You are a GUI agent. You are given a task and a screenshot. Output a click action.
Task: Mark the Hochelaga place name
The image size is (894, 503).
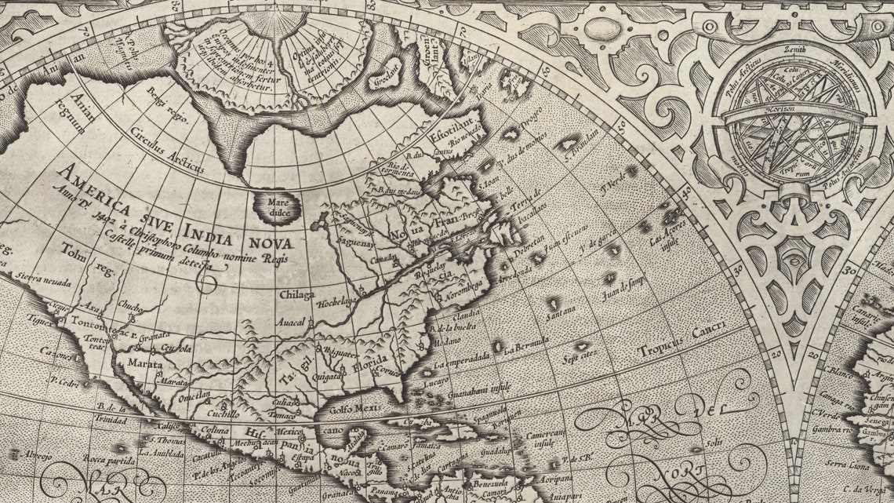[x=338, y=300]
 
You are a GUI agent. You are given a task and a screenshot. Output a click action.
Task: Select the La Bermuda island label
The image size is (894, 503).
[x=524, y=346]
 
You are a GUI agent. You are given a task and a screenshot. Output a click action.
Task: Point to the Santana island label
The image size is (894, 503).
[x=561, y=316]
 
